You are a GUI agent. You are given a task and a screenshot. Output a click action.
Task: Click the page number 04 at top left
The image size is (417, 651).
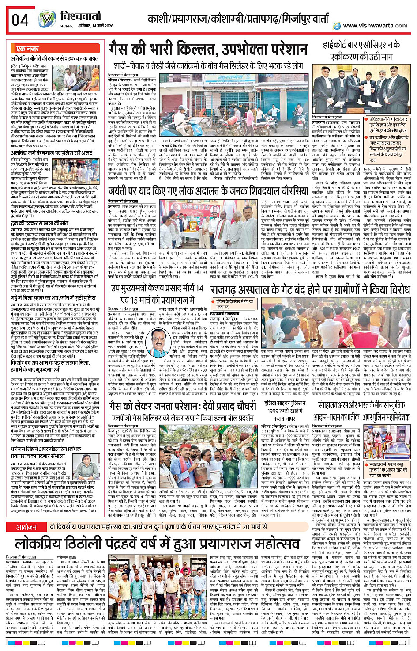(20, 20)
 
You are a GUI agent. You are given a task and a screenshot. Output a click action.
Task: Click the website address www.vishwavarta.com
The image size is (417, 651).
(375, 25)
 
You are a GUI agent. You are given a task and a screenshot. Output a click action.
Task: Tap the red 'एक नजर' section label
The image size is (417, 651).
(27, 49)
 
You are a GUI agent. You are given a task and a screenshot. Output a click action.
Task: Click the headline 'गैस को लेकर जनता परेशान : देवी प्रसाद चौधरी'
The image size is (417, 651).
(183, 405)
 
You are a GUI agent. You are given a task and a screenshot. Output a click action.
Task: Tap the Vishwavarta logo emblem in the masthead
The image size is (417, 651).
(46, 19)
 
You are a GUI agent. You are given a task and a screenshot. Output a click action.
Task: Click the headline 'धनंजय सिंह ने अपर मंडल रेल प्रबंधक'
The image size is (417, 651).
(49, 449)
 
